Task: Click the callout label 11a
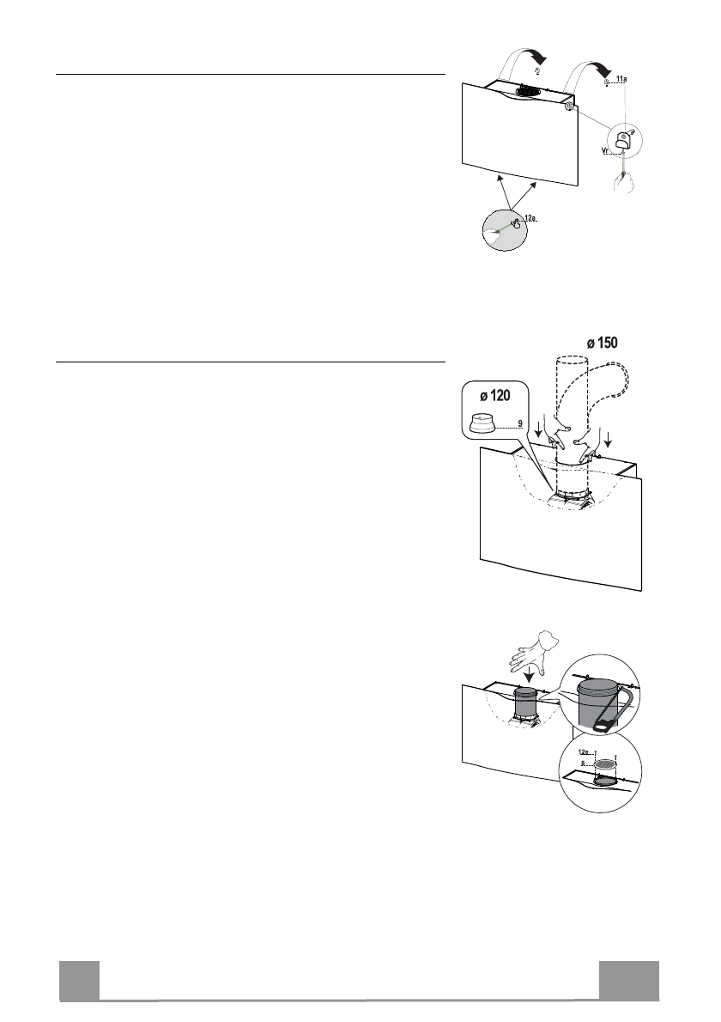pos(622,78)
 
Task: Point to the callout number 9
pos(520,423)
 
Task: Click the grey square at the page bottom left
pos(79,982)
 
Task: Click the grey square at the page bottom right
pos(629,982)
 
